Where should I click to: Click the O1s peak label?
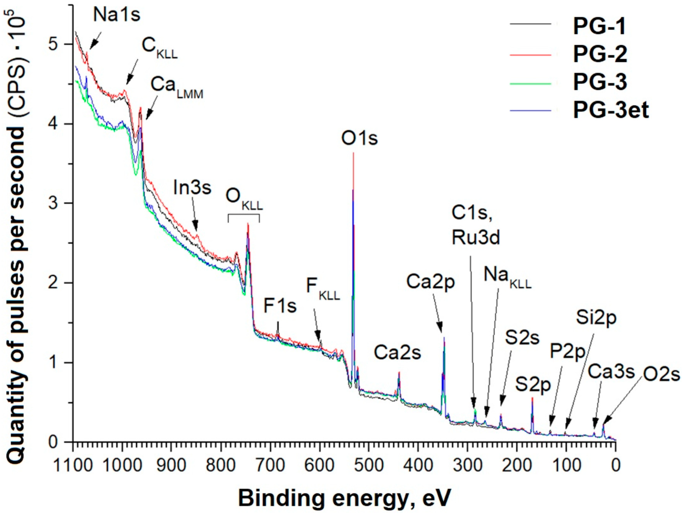click(x=359, y=139)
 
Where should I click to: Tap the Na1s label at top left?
click(x=117, y=15)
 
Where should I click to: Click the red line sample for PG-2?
click(x=530, y=55)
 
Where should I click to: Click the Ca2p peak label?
click(x=430, y=282)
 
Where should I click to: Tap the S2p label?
click(x=533, y=385)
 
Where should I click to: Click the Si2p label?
click(x=596, y=317)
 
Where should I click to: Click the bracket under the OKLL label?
click(x=244, y=215)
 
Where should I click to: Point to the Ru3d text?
click(x=476, y=238)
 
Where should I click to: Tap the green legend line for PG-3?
click(x=530, y=83)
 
